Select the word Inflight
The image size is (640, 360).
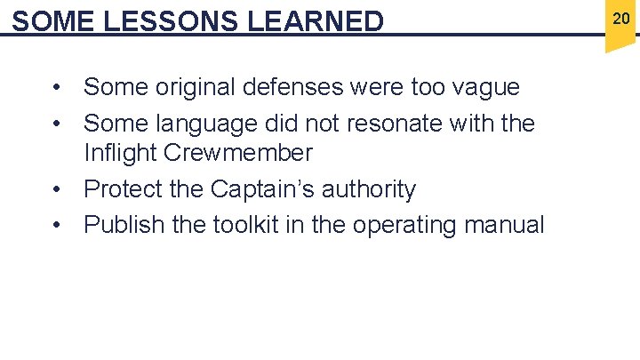point(120,153)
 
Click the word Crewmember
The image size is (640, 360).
point(238,153)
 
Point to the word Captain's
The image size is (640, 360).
point(268,189)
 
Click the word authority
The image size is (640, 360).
point(372,189)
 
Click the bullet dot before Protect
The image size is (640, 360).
point(56,189)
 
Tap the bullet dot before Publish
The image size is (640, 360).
point(56,225)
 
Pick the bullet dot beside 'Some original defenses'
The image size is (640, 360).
point(56,87)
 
